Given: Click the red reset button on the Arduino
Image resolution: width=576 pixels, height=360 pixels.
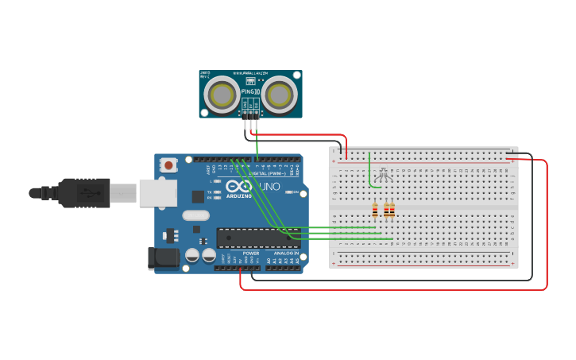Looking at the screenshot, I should point(168,165).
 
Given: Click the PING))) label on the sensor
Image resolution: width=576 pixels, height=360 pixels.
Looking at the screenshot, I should point(250,91).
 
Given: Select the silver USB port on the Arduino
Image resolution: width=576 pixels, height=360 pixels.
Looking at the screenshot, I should point(158,193).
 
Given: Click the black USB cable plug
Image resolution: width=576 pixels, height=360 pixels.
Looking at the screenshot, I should point(83,193).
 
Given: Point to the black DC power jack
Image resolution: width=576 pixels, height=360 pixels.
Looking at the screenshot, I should point(164,257).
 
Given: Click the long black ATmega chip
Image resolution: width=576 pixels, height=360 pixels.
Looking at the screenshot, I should point(257,238).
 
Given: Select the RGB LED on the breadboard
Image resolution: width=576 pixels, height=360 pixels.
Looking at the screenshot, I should point(385,175).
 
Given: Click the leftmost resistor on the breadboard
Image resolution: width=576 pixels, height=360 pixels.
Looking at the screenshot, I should point(375,211).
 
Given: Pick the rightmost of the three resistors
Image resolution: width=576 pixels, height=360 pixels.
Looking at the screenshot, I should point(392,211).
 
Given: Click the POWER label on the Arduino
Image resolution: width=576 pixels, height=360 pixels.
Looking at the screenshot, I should point(251,253).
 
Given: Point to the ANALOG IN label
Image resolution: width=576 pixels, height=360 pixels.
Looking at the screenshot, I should point(286,253).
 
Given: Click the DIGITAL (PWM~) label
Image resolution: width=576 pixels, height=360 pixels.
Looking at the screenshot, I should point(269,173).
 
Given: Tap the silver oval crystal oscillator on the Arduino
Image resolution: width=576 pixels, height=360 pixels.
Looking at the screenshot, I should point(195,215).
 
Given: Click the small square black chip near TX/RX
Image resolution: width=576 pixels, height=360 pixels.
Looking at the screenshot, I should point(198,195).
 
